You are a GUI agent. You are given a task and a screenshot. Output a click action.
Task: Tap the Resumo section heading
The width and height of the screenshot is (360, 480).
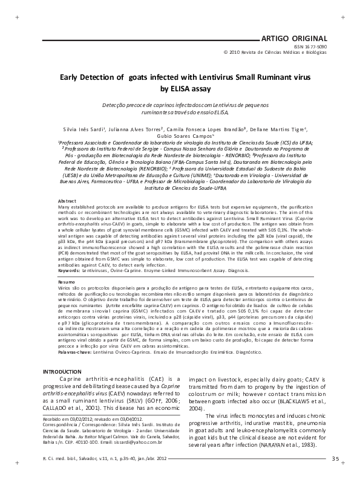click(67, 282)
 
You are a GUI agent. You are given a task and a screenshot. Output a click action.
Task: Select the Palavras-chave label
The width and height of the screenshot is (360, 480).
click(75, 351)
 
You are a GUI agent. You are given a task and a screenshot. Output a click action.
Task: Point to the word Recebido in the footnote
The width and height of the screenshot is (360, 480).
click(54, 418)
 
